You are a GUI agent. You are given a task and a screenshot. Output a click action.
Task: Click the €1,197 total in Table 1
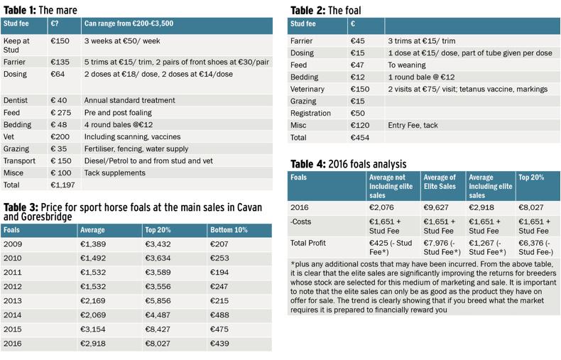point(62,185)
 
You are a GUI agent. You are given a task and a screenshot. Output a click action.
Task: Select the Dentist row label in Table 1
point(16,101)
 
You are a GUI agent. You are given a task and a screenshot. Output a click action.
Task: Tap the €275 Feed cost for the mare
point(61,113)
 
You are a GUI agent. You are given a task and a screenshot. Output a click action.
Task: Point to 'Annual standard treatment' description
point(129,101)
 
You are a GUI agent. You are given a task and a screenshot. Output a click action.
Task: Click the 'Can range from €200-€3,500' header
point(129,23)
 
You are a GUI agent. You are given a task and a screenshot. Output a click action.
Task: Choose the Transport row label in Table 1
point(19,161)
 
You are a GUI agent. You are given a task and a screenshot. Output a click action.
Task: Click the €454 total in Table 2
point(360,138)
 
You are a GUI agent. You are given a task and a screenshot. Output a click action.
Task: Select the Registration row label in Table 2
point(310,114)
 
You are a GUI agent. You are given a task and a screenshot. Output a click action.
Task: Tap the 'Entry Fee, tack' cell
point(413,125)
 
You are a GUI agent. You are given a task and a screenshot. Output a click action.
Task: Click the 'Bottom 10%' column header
point(229,230)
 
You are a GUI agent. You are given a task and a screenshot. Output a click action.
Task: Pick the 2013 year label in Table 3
point(13,301)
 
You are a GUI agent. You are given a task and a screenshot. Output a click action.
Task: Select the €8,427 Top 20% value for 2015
point(158,329)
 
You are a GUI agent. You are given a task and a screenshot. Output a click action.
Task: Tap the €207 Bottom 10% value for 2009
point(219,244)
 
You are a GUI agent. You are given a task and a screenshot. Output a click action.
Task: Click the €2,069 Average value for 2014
point(93,315)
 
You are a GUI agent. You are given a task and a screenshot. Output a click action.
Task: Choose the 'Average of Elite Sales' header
point(440,182)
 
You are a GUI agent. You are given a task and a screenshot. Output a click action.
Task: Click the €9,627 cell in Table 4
point(436,207)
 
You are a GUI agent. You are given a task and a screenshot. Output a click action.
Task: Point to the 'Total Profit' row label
point(308,243)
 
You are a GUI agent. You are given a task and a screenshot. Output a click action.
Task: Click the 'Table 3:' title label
point(21,207)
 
